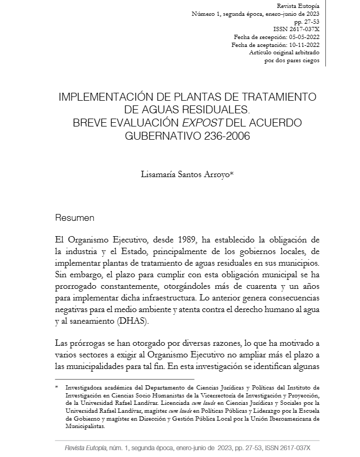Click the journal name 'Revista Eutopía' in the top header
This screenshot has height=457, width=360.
pos(301,4)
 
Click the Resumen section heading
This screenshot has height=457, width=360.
pos(75,217)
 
